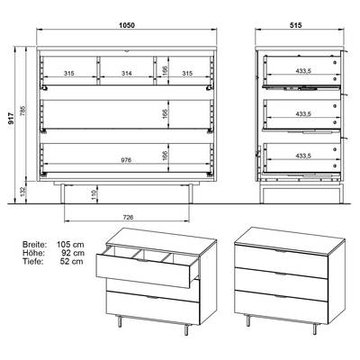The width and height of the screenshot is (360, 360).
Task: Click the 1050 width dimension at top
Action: pyautogui.click(x=127, y=25)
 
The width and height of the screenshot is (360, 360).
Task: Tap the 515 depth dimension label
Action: pyautogui.click(x=296, y=25)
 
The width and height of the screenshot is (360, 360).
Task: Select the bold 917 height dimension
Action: pyautogui.click(x=11, y=118)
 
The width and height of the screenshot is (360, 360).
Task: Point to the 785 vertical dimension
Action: pyautogui.click(x=23, y=111)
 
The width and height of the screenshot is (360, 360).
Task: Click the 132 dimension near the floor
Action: pyautogui.click(x=23, y=192)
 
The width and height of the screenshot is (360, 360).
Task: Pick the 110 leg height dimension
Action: pyautogui.click(x=94, y=195)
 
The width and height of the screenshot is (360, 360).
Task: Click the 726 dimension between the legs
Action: pyautogui.click(x=128, y=217)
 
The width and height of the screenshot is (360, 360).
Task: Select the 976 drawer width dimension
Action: pyautogui.click(x=127, y=160)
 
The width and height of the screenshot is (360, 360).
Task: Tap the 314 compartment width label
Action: pyautogui.click(x=127, y=73)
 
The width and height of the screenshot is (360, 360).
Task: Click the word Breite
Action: pyautogui.click(x=35, y=244)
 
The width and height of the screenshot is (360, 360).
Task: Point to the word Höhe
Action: pyautogui.click(x=33, y=253)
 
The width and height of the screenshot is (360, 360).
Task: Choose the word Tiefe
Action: pyautogui.click(x=33, y=262)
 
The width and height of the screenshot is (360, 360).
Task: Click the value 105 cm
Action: pyautogui.click(x=70, y=244)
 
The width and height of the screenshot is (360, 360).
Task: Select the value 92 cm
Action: pyautogui.click(x=73, y=253)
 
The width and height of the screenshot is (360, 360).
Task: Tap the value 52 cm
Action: pyautogui.click(x=72, y=262)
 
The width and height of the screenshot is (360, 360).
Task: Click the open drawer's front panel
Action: pyautogui.click(x=143, y=270)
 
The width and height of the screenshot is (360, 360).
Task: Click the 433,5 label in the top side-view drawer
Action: pyautogui.click(x=303, y=71)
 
